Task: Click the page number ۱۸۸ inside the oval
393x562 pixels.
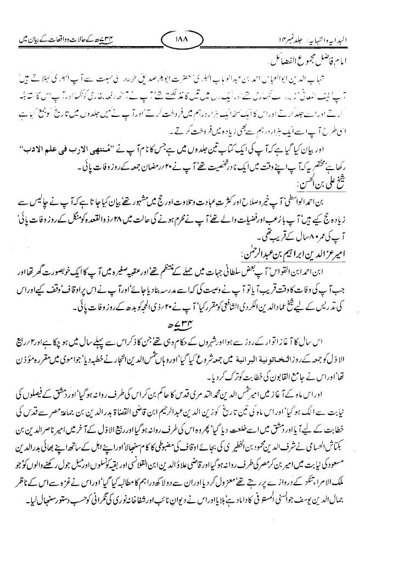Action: click(182, 40)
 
